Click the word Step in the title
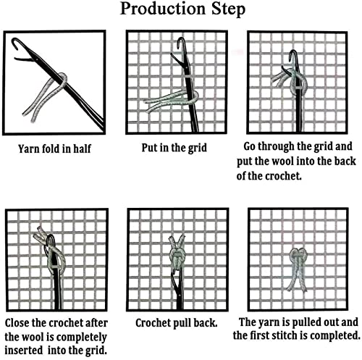(229, 9)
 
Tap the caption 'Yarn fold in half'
(55, 148)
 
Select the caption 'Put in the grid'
(174, 148)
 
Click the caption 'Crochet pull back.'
(177, 323)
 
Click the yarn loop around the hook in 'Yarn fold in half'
(62, 80)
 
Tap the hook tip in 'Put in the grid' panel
(180, 40)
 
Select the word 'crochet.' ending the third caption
(284, 176)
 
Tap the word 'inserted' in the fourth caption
(24, 350)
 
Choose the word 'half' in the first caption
(83, 148)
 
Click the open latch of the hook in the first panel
(23, 59)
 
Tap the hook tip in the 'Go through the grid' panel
(292, 53)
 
